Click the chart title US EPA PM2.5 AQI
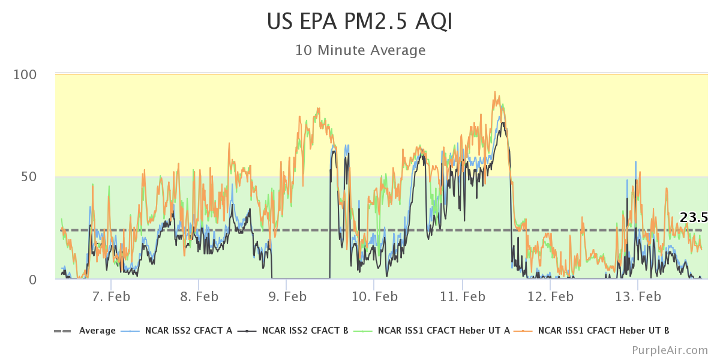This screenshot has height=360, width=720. pyautogui.click(x=360, y=22)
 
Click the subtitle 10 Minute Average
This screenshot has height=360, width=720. pyautogui.click(x=360, y=50)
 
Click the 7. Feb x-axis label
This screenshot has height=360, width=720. pyautogui.click(x=111, y=296)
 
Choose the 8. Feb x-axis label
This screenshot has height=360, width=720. pyautogui.click(x=199, y=296)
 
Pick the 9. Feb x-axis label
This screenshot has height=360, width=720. pyautogui.click(x=286, y=296)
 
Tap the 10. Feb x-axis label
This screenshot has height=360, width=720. pyautogui.click(x=374, y=296)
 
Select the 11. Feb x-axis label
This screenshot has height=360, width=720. pyautogui.click(x=462, y=296)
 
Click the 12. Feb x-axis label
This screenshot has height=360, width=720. pyautogui.click(x=550, y=296)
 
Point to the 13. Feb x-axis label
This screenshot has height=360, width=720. pyautogui.click(x=637, y=296)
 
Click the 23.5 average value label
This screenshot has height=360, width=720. pyautogui.click(x=694, y=218)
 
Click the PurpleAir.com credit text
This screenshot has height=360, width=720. pyautogui.click(x=670, y=350)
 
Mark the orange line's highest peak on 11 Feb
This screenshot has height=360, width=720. pyautogui.click(x=495, y=92)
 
